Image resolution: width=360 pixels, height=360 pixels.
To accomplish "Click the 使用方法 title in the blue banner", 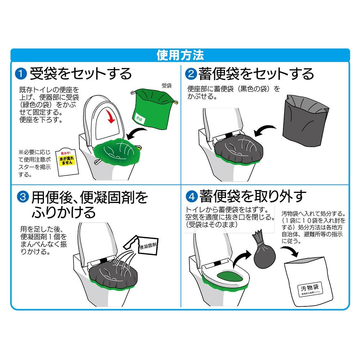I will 180,55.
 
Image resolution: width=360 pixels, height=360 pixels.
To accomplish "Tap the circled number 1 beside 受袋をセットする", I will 22,75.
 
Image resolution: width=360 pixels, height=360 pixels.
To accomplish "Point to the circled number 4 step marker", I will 191,197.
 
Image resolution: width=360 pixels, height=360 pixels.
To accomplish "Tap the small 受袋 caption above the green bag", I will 166,86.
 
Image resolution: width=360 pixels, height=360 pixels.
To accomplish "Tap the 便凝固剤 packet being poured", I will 146,246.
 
